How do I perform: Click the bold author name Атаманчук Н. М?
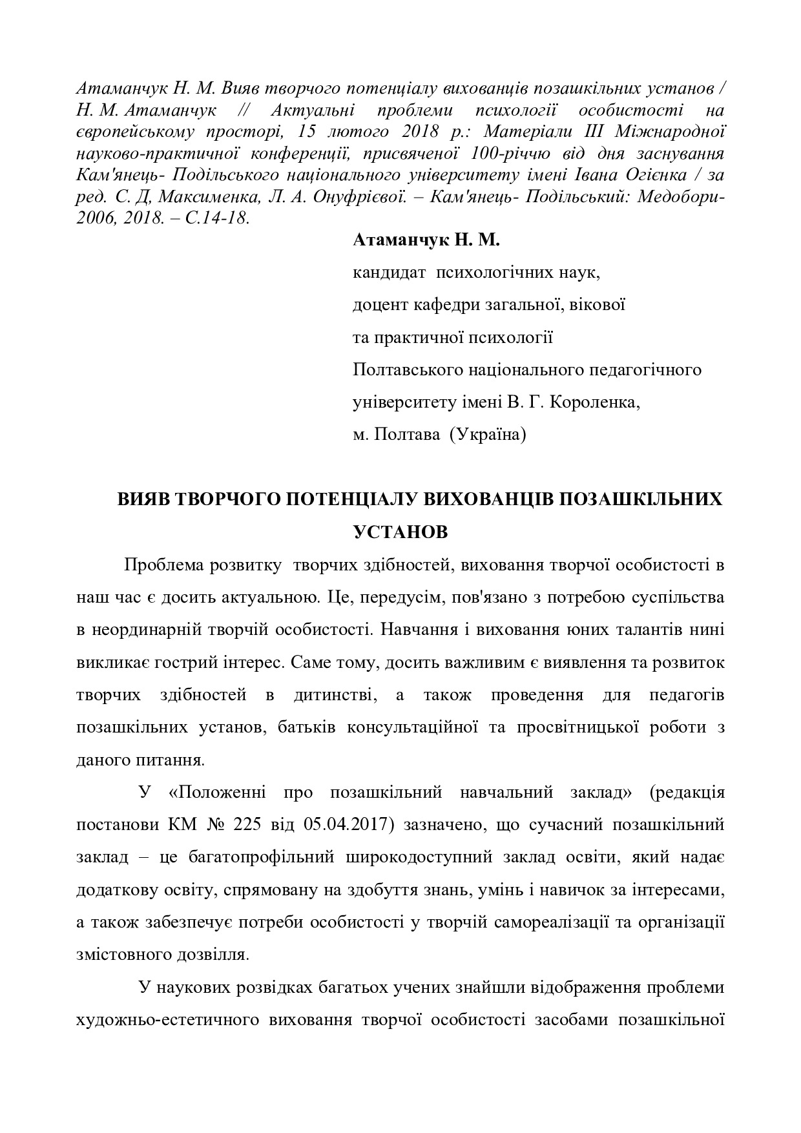point(426,241)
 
